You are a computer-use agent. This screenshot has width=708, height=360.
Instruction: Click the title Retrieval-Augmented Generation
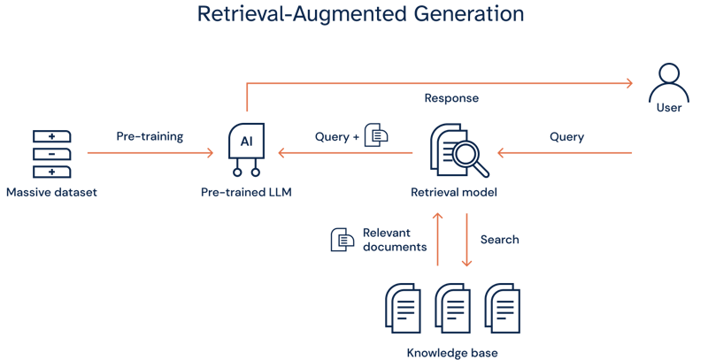pyautogui.click(x=360, y=15)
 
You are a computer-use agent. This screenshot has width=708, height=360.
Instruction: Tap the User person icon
pyautogui.click(x=669, y=83)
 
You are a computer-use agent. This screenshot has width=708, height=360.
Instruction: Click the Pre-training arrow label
pyautogui.click(x=150, y=136)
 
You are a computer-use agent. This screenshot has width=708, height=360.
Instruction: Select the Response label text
pyautogui.click(x=453, y=99)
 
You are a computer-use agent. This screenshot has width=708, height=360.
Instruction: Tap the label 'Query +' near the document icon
pyautogui.click(x=337, y=137)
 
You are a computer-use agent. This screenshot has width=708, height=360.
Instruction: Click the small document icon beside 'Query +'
pyautogui.click(x=376, y=136)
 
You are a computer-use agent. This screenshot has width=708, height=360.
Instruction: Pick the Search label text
pyautogui.click(x=499, y=240)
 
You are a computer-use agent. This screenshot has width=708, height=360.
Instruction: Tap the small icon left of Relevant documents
pyautogui.click(x=341, y=240)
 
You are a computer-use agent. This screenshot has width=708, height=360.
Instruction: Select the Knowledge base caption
pyautogui.click(x=452, y=353)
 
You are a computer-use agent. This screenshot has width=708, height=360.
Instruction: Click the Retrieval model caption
pyautogui.click(x=454, y=192)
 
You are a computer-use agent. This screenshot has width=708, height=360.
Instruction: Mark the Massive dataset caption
pyautogui.click(x=51, y=192)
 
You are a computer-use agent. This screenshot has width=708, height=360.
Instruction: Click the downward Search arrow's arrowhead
pyautogui.click(x=467, y=263)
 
